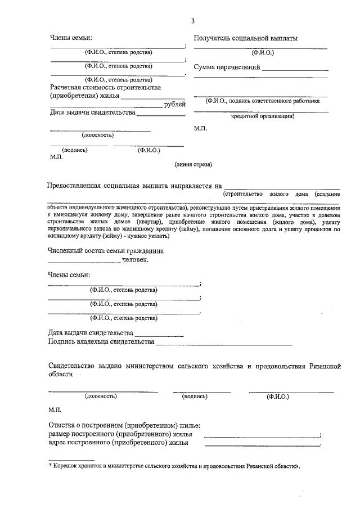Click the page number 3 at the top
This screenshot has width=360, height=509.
pyautogui.click(x=193, y=21)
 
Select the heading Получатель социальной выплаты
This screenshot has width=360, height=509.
pyautogui.click(x=246, y=38)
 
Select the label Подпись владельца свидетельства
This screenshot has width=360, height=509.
pyautogui.click(x=101, y=341)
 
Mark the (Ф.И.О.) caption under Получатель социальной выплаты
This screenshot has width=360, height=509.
pyautogui.click(x=262, y=52)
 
